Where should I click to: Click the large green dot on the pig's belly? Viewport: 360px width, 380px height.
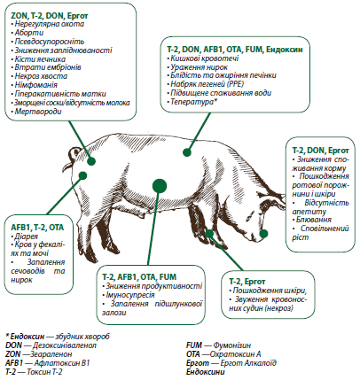click(160, 186)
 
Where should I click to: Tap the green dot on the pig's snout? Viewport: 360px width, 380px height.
click(263, 234)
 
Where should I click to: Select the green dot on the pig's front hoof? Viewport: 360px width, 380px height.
click(209, 234)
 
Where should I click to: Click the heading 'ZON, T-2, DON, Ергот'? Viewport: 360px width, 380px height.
click(50, 15)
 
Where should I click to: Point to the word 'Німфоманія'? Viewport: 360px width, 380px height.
click(36, 85)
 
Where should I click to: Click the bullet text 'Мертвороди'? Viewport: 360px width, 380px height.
click(38, 112)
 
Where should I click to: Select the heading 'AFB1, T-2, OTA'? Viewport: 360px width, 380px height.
click(37, 228)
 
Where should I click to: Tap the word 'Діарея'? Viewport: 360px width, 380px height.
click(27, 237)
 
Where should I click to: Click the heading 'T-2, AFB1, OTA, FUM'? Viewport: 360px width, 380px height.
click(139, 277)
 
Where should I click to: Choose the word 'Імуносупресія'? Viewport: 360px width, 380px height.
click(130, 295)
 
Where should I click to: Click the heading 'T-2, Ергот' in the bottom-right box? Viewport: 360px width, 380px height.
click(247, 282)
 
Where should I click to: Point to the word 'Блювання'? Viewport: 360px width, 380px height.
click(314, 220)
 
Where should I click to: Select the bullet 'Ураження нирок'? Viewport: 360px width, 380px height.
click(200, 67)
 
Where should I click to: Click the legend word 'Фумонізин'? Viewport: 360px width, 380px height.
click(232, 345)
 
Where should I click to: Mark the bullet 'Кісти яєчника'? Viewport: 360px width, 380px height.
click(40, 59)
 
